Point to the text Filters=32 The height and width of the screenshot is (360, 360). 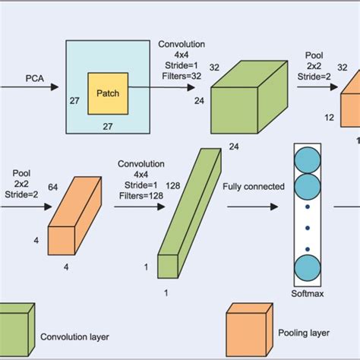pyautogui.click(x=181, y=75)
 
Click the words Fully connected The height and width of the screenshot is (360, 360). pyautogui.click(x=254, y=186)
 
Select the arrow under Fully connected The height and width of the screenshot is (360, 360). pyautogui.click(x=254, y=204)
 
